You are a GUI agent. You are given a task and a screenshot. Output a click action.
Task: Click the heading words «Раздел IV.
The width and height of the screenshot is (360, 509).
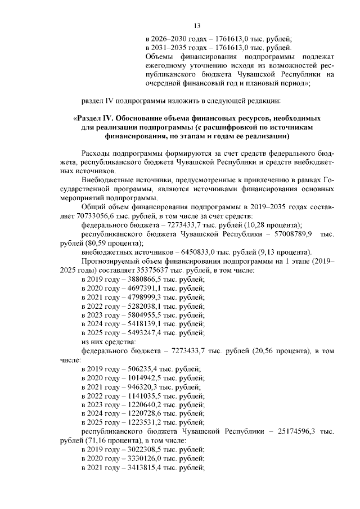tap(94, 119)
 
